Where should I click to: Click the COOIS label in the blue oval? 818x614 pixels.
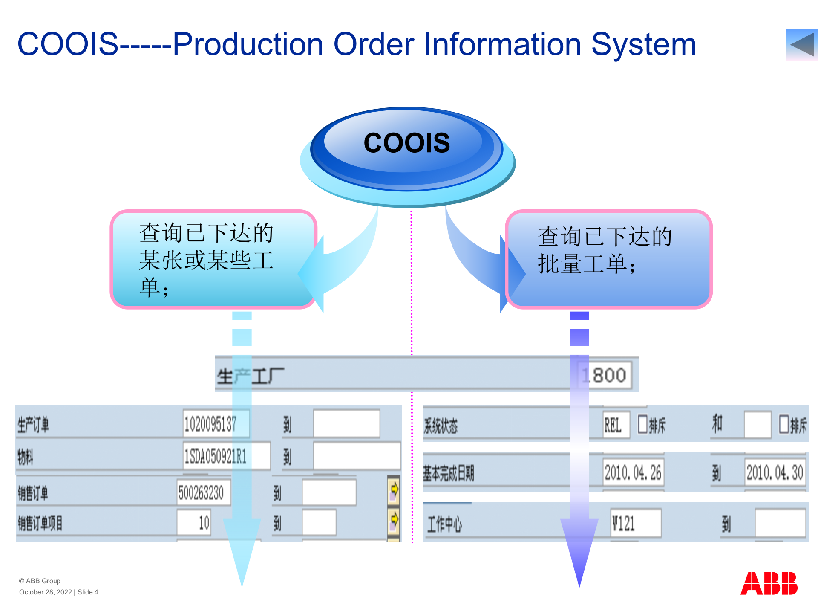point(406,143)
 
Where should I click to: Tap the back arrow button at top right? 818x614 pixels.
point(801,44)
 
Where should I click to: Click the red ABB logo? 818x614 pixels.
point(769,583)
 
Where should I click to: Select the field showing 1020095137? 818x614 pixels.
point(216,424)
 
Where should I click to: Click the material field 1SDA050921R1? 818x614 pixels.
point(226,456)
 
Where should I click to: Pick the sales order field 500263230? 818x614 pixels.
point(204,493)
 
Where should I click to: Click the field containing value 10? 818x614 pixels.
point(194,522)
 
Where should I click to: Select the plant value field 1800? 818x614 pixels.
point(605,375)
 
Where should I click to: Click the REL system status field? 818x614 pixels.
point(616,425)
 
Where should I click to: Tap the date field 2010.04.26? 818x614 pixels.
point(633,472)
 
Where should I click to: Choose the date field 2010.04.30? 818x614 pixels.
point(775,472)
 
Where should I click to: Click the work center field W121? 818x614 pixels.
point(635,523)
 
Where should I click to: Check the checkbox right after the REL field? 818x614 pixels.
point(642,424)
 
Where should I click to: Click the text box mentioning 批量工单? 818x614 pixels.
point(608,259)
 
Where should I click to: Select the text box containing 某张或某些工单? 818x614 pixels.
point(213,259)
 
